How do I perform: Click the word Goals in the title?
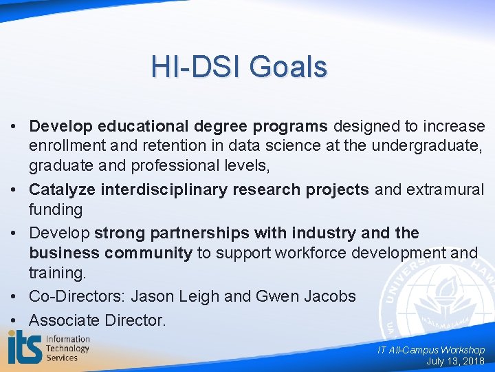click(288, 68)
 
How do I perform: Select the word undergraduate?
click(425, 145)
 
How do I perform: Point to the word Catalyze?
click(63, 189)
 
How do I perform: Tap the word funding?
click(55, 209)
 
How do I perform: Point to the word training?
click(57, 273)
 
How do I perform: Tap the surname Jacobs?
click(329, 296)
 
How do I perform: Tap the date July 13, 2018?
click(455, 361)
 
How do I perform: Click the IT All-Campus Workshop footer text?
click(431, 350)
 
